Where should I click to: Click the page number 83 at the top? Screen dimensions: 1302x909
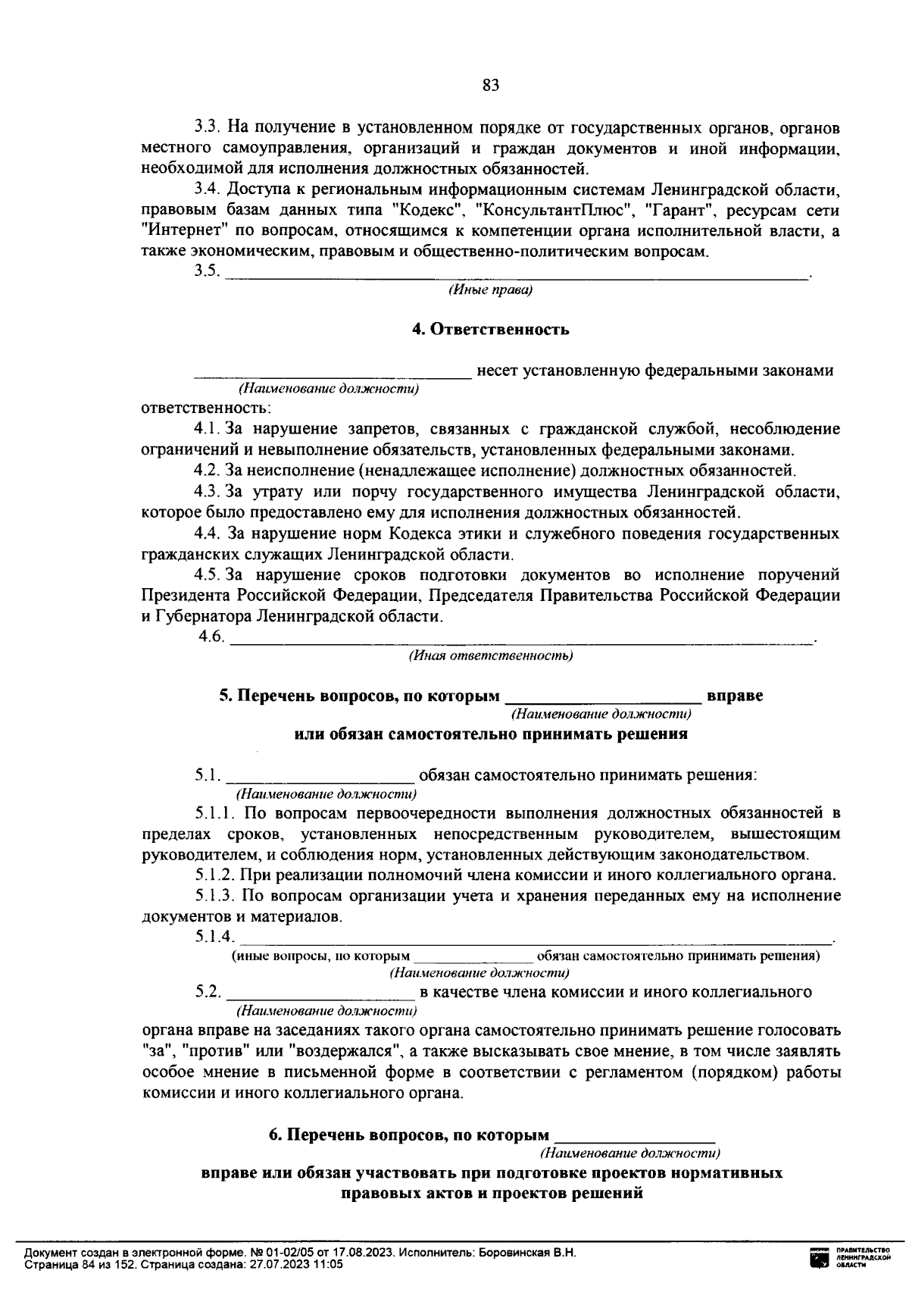point(490,85)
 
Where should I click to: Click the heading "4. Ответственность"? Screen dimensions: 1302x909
point(490,330)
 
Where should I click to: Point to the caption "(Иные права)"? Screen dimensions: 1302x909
point(490,290)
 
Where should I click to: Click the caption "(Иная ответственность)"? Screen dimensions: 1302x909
point(490,656)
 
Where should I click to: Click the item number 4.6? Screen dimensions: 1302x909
point(211,637)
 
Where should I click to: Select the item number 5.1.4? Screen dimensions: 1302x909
point(214,937)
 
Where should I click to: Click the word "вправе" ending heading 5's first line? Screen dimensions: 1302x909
point(734,696)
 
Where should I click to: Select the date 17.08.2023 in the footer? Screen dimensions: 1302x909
point(368,1253)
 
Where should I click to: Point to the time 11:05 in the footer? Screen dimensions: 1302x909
point(329,1265)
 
